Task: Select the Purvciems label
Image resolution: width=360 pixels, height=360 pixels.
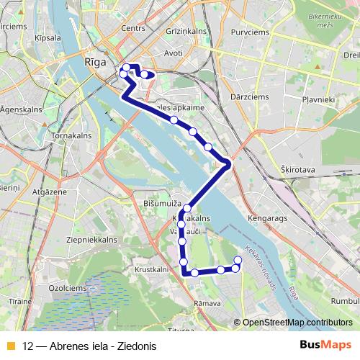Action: coord(246,31)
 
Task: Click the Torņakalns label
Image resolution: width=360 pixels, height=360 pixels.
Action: coord(70,135)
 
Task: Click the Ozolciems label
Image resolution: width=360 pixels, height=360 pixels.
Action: coord(46,287)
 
